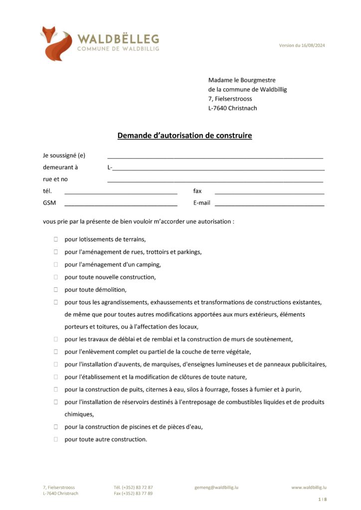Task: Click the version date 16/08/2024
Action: [x=302, y=45]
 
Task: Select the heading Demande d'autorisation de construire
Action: [x=184, y=135]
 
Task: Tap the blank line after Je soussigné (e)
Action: [x=215, y=156]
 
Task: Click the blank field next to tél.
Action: [x=121, y=191]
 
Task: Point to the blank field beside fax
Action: [x=269, y=191]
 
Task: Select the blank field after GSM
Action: [x=121, y=203]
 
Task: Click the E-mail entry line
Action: [x=269, y=203]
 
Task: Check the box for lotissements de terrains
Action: [x=56, y=240]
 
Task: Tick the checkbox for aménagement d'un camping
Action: [x=56, y=264]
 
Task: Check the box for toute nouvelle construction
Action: [x=56, y=277]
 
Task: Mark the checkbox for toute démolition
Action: [x=56, y=289]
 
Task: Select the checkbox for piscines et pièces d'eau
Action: [x=56, y=427]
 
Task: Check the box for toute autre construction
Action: [x=56, y=439]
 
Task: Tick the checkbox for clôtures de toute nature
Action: [x=56, y=377]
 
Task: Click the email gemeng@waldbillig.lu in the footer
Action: [x=216, y=487]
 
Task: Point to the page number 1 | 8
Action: [x=322, y=499]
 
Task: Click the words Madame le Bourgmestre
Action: [x=242, y=80]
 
